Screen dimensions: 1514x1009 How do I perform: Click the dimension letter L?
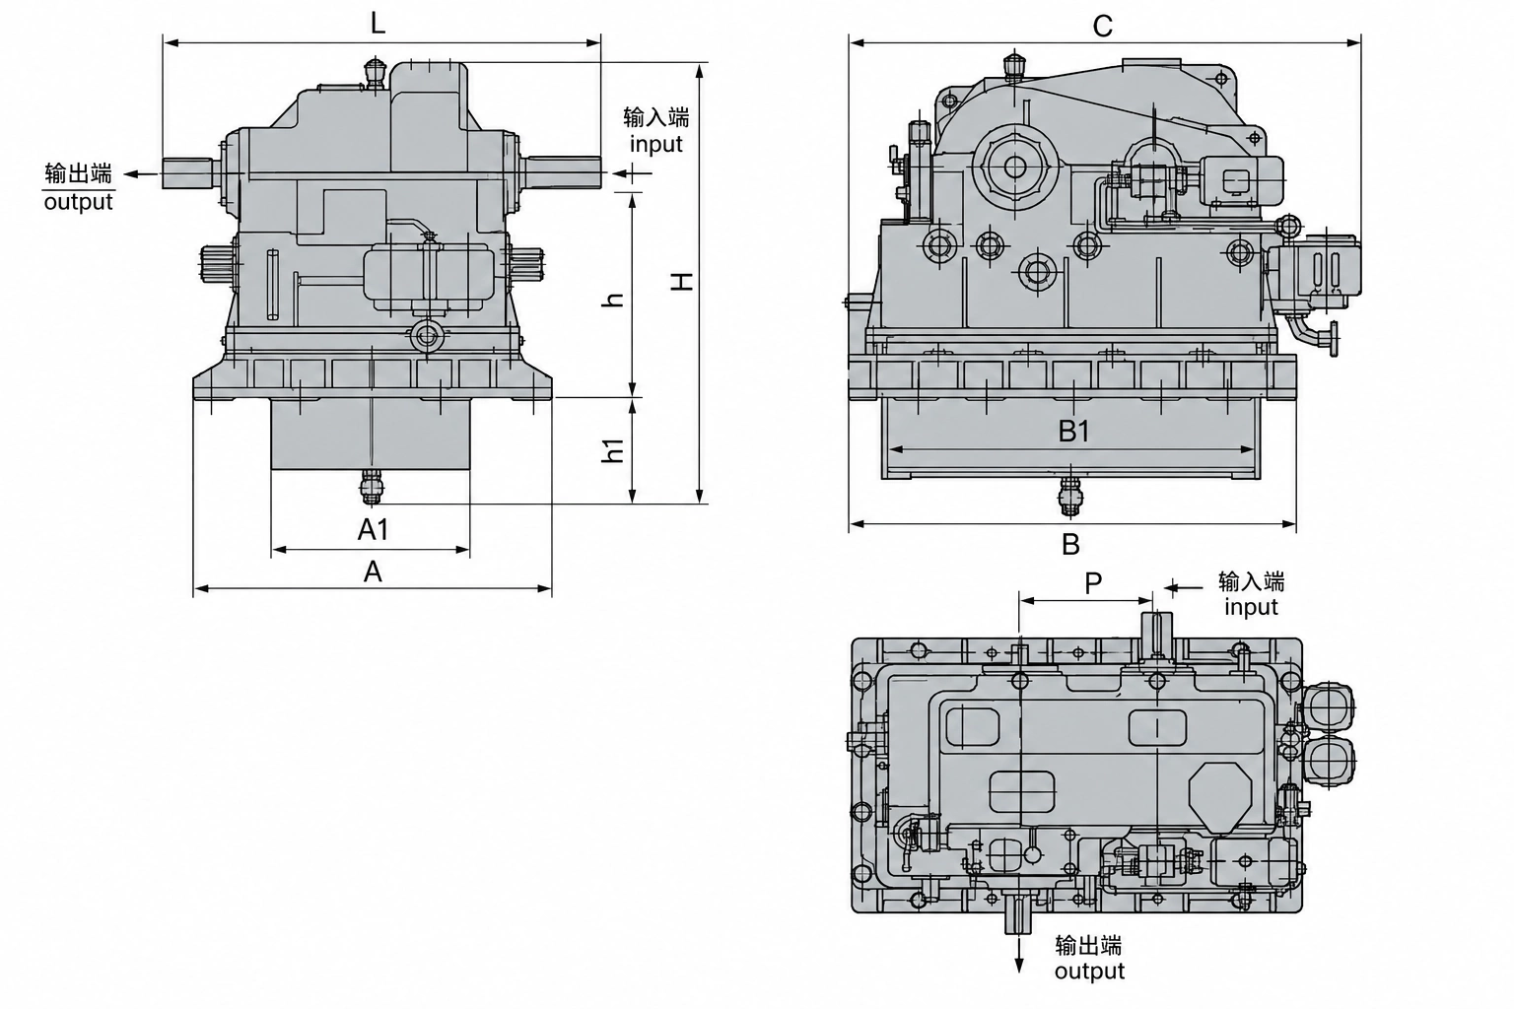(x=378, y=25)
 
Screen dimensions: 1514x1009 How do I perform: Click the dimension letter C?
(x=1102, y=27)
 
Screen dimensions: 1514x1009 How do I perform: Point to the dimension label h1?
(x=612, y=450)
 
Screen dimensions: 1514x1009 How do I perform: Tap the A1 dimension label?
(x=374, y=530)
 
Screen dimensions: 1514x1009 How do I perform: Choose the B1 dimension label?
(x=1074, y=432)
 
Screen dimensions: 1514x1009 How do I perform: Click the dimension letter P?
(x=1093, y=582)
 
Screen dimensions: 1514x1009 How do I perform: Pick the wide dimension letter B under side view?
(x=1070, y=544)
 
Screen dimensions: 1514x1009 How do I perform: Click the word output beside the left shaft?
(x=79, y=202)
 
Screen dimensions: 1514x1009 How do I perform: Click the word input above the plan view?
(x=1251, y=607)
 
